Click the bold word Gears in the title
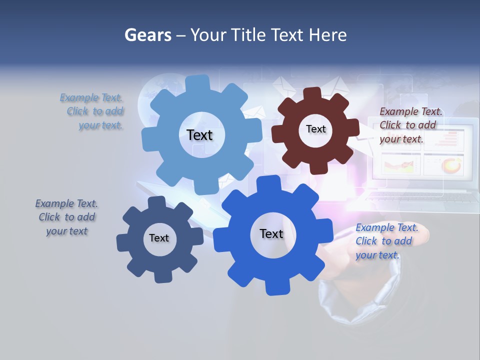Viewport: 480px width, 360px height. coord(147,35)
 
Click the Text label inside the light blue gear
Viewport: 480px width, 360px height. coord(199,135)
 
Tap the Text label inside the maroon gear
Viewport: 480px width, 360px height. coord(315,129)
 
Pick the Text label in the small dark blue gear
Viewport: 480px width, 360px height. coord(158,238)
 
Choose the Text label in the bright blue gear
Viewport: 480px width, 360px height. coord(271,233)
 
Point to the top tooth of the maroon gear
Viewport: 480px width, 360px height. coord(312,94)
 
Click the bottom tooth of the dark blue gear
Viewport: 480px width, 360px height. coord(161,276)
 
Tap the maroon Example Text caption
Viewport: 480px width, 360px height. coord(410,125)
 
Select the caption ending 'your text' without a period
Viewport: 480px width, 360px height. coord(66,217)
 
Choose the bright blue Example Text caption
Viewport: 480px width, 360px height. coord(385,241)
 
